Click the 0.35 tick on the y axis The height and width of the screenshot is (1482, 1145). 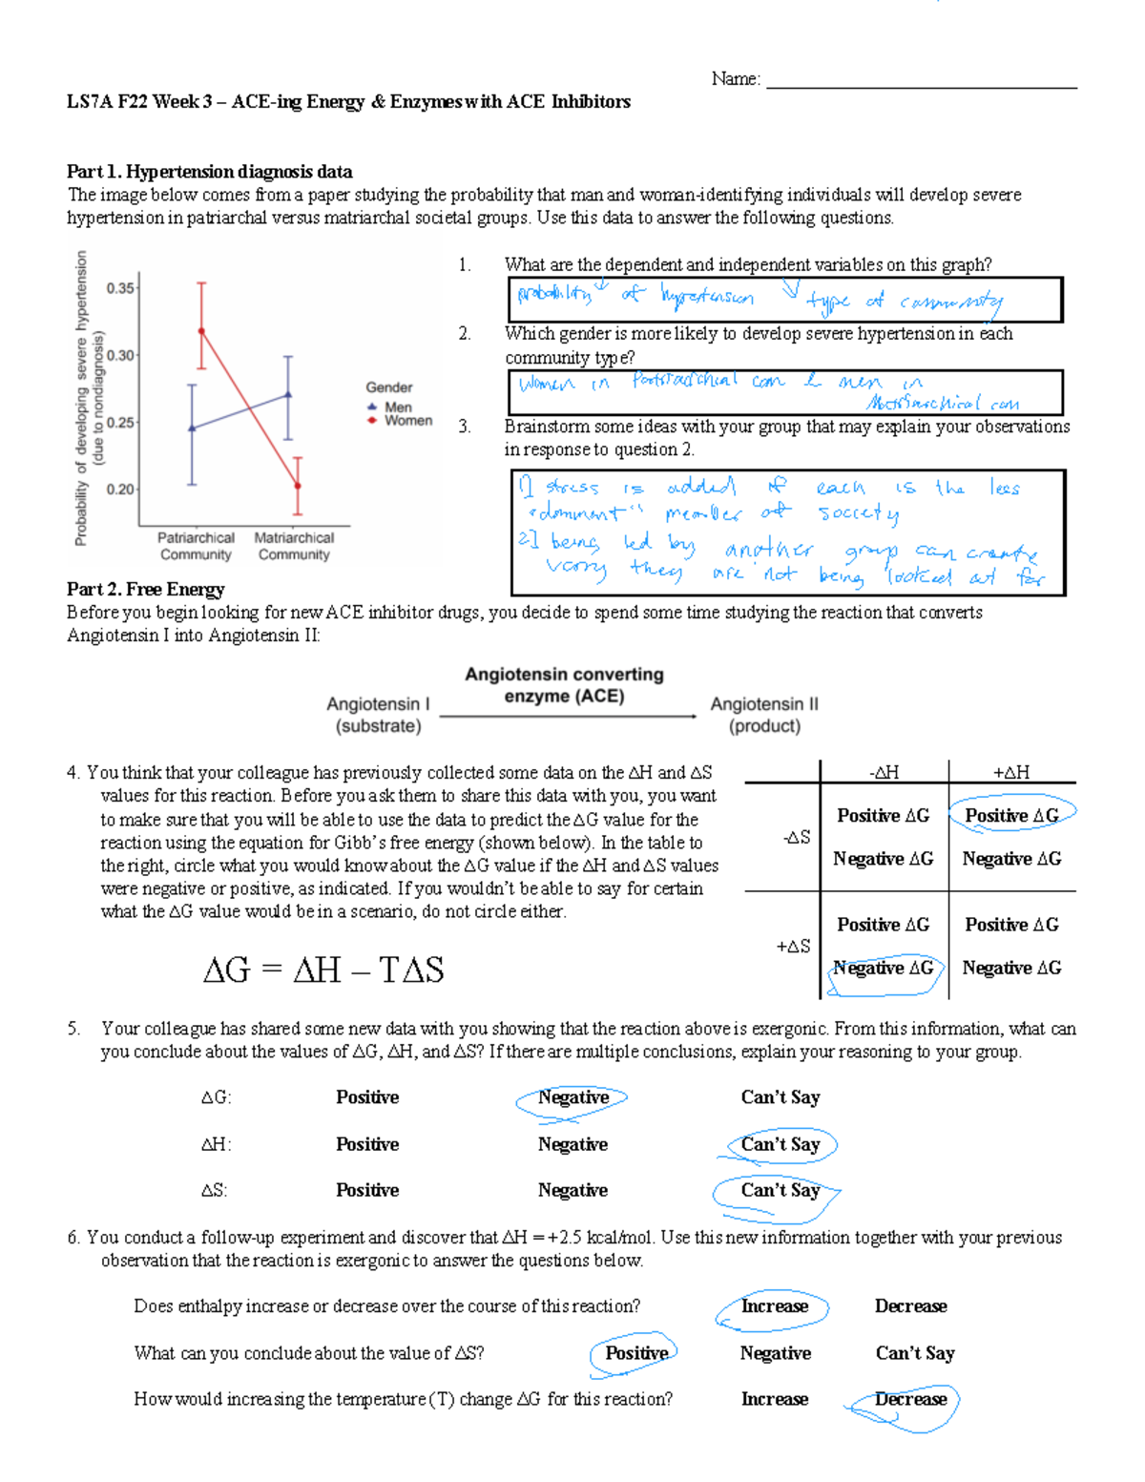121,287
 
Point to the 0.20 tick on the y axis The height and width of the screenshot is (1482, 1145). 121,489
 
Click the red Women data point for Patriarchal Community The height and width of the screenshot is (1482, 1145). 201,331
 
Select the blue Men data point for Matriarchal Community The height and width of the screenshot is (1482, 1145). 288,394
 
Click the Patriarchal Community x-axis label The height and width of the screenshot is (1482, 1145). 196,546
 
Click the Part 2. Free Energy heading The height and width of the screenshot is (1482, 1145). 145,589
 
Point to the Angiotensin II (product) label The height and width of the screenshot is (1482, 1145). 764,714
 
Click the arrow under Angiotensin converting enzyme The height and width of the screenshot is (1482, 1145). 568,716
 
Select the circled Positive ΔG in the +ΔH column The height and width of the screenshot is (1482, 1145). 1011,815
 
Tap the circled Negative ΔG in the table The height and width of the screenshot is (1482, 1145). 883,968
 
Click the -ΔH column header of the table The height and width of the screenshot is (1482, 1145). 884,772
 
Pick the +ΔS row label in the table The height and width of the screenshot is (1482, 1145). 793,946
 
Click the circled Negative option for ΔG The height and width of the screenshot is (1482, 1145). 572,1097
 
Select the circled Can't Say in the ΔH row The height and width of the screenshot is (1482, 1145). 780,1144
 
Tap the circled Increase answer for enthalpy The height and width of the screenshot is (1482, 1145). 774,1306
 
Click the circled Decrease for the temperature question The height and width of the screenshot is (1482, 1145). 910,1399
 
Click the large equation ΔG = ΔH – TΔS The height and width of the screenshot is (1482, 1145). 323,970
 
